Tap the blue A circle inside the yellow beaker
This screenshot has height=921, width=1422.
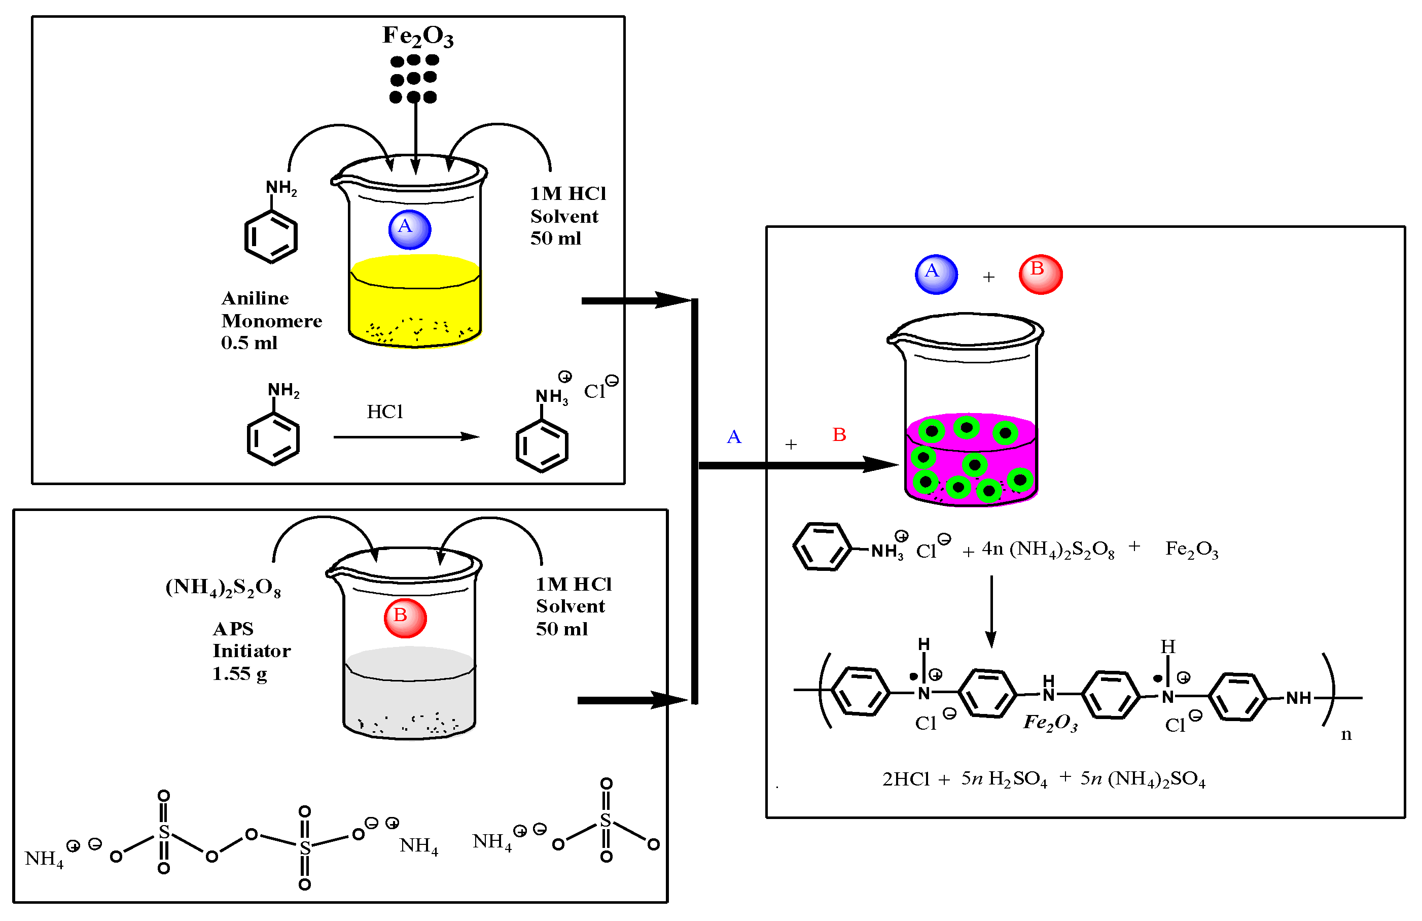pos(409,229)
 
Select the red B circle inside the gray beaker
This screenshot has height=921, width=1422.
pos(405,618)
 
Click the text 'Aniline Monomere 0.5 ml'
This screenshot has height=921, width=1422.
pos(270,320)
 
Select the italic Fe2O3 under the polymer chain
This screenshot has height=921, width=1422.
pos(1050,723)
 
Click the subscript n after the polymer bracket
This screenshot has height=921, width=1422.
pos(1345,734)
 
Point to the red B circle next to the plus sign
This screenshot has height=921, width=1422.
pos(1040,275)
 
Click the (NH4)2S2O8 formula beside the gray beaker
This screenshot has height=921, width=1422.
pos(223,587)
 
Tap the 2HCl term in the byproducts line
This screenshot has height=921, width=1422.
pos(906,779)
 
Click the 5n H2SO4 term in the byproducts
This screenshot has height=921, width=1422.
pos(1004,779)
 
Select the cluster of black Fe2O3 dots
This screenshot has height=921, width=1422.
pos(413,78)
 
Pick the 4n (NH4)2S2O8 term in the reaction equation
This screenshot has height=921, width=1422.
pos(1047,549)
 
